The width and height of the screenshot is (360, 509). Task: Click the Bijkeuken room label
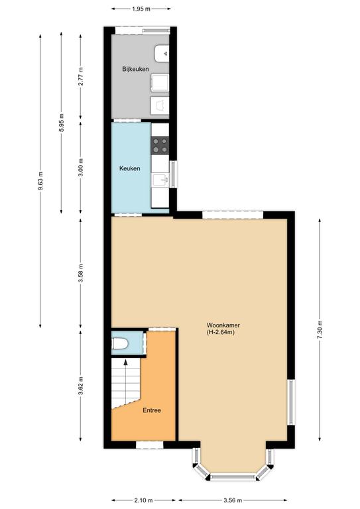pyautogui.click(x=135, y=69)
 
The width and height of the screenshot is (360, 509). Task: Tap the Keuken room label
pyautogui.click(x=130, y=168)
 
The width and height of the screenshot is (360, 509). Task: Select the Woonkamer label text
pyautogui.click(x=223, y=325)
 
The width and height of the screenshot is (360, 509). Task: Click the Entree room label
pyautogui.click(x=152, y=410)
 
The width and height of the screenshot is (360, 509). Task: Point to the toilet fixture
pyautogui.click(x=120, y=344)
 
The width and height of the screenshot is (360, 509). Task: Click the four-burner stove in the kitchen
pyautogui.click(x=160, y=145)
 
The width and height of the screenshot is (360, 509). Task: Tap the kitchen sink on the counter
pyautogui.click(x=160, y=180)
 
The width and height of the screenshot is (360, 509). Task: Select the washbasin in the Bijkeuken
pyautogui.click(x=162, y=54)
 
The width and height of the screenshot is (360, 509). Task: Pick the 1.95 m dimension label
pyautogui.click(x=141, y=9)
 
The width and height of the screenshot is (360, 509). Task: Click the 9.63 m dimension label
pyautogui.click(x=40, y=181)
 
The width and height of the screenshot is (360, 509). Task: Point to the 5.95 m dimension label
pyautogui.click(x=61, y=123)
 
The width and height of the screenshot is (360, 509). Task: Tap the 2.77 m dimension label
pyautogui.click(x=81, y=76)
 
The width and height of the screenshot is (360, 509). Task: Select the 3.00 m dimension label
pyautogui.click(x=81, y=167)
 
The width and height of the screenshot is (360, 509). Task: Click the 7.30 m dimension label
pyautogui.click(x=320, y=330)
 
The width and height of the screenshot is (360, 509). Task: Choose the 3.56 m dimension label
pyautogui.click(x=233, y=500)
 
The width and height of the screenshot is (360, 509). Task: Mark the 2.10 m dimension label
pyautogui.click(x=143, y=500)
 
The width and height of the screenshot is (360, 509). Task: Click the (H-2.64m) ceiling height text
pyautogui.click(x=220, y=333)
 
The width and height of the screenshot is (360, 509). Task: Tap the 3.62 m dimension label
pyautogui.click(x=81, y=386)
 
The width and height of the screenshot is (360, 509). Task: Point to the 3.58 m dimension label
pyautogui.click(x=81, y=273)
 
